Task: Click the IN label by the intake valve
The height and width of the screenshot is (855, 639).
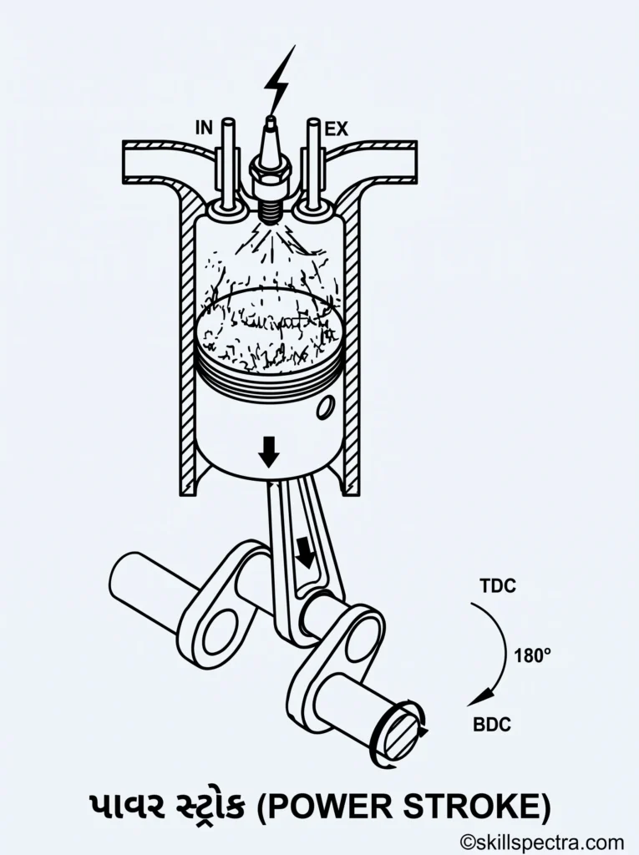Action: click(204, 128)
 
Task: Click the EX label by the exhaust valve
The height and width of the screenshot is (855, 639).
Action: click(336, 129)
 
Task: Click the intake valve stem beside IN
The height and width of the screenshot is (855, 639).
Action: click(227, 163)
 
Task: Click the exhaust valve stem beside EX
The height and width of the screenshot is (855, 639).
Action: click(312, 163)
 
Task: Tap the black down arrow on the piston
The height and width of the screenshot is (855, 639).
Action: click(268, 452)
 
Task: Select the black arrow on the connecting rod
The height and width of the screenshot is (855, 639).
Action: click(305, 553)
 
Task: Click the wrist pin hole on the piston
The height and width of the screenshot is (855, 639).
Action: click(327, 408)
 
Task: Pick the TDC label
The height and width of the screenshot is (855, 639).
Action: click(498, 586)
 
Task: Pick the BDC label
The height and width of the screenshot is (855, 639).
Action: click(492, 725)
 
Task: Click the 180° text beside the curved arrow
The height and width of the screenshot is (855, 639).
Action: click(532, 655)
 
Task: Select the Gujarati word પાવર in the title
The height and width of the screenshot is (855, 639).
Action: click(127, 807)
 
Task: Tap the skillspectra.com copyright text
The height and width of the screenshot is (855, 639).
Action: click(542, 842)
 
